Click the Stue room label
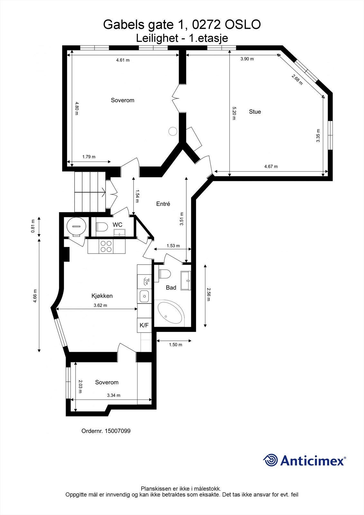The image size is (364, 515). [x=255, y=112]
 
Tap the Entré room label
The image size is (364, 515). [x=163, y=204]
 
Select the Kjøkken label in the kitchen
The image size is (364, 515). [x=102, y=296]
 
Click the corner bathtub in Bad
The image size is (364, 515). [x=170, y=312]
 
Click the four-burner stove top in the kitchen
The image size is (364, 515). [x=106, y=246]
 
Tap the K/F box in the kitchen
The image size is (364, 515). [x=144, y=325]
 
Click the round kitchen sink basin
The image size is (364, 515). [x=144, y=296]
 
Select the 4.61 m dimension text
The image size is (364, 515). [x=123, y=60]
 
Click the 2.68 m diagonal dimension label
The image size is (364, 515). [x=297, y=80]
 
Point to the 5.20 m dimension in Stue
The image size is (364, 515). [x=234, y=113]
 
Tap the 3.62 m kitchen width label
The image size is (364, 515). [x=100, y=305]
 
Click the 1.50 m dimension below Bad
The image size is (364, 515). [x=175, y=345]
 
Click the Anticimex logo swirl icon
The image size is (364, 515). [x=270, y=460]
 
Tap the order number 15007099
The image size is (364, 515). [x=117, y=431]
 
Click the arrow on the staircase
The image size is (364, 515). [x=103, y=193]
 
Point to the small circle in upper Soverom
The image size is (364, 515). [x=173, y=131]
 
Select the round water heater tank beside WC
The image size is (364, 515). [x=77, y=226]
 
